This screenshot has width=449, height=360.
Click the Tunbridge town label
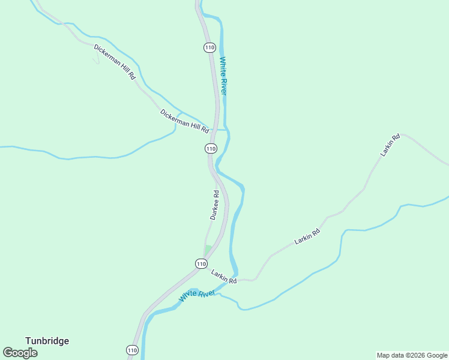[x=47, y=341]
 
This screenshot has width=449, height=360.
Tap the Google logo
[x=20, y=352]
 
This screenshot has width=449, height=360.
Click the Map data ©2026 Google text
[x=412, y=355]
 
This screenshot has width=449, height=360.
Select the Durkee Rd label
[x=214, y=205]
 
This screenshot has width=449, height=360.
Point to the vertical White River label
[x=223, y=76]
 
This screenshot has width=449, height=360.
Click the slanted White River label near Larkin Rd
[x=197, y=296]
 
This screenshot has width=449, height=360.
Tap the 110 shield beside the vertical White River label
[x=209, y=47]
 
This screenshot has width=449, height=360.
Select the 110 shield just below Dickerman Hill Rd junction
[x=210, y=148]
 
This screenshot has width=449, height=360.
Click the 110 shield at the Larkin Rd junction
[x=201, y=263]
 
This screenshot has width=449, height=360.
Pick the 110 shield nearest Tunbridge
[x=132, y=350]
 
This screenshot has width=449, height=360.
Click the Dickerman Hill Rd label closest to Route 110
[x=184, y=121]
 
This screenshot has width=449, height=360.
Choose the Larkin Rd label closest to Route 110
[x=224, y=277]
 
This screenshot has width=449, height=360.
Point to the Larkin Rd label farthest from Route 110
[x=390, y=146]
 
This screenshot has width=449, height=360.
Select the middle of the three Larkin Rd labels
[x=307, y=236]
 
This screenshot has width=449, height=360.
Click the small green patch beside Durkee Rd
[x=208, y=249]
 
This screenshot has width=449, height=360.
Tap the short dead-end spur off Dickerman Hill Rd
[x=95, y=58]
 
